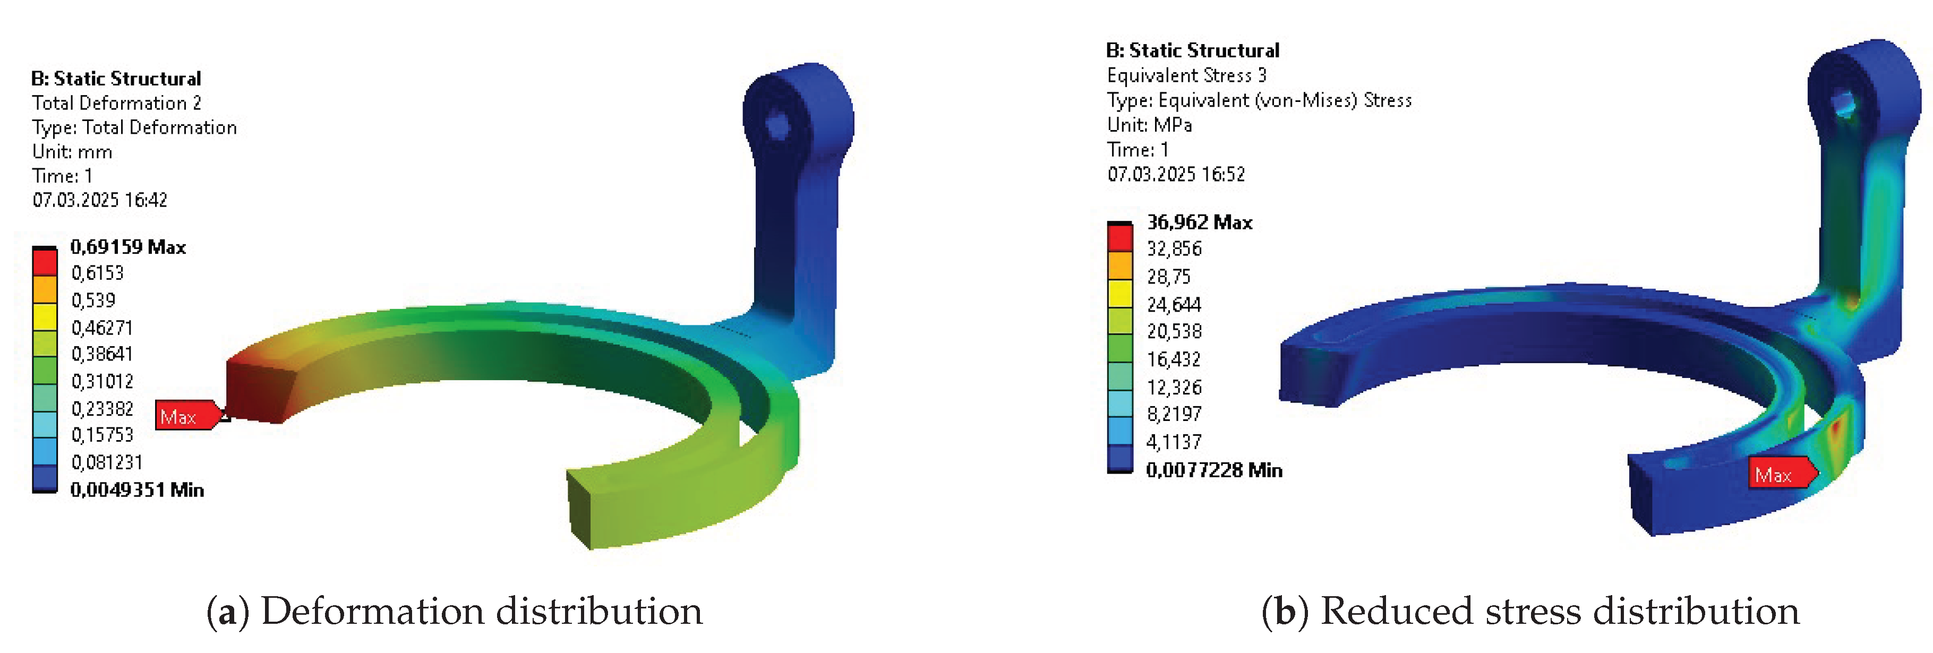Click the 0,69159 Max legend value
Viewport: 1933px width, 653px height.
pos(127,247)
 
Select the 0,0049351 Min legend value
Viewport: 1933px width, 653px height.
pos(136,490)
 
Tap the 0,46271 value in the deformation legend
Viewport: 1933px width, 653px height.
pos(102,328)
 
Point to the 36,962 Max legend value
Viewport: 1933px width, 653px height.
pos(1199,222)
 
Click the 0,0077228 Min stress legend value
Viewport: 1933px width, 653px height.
pos(1213,470)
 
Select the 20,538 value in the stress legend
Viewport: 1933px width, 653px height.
pos(1174,331)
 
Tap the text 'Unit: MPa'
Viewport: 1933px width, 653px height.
pos(1149,125)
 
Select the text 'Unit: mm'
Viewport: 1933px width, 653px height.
pos(72,152)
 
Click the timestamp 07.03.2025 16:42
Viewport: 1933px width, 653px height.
pos(100,200)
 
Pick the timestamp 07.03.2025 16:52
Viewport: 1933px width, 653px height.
pos(1176,174)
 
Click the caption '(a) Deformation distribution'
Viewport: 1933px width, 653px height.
pos(455,611)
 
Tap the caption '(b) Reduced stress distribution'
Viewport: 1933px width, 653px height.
pos(1531,611)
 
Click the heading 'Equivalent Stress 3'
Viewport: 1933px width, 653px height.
pos(1186,75)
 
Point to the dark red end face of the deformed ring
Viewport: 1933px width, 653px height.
pos(255,390)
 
